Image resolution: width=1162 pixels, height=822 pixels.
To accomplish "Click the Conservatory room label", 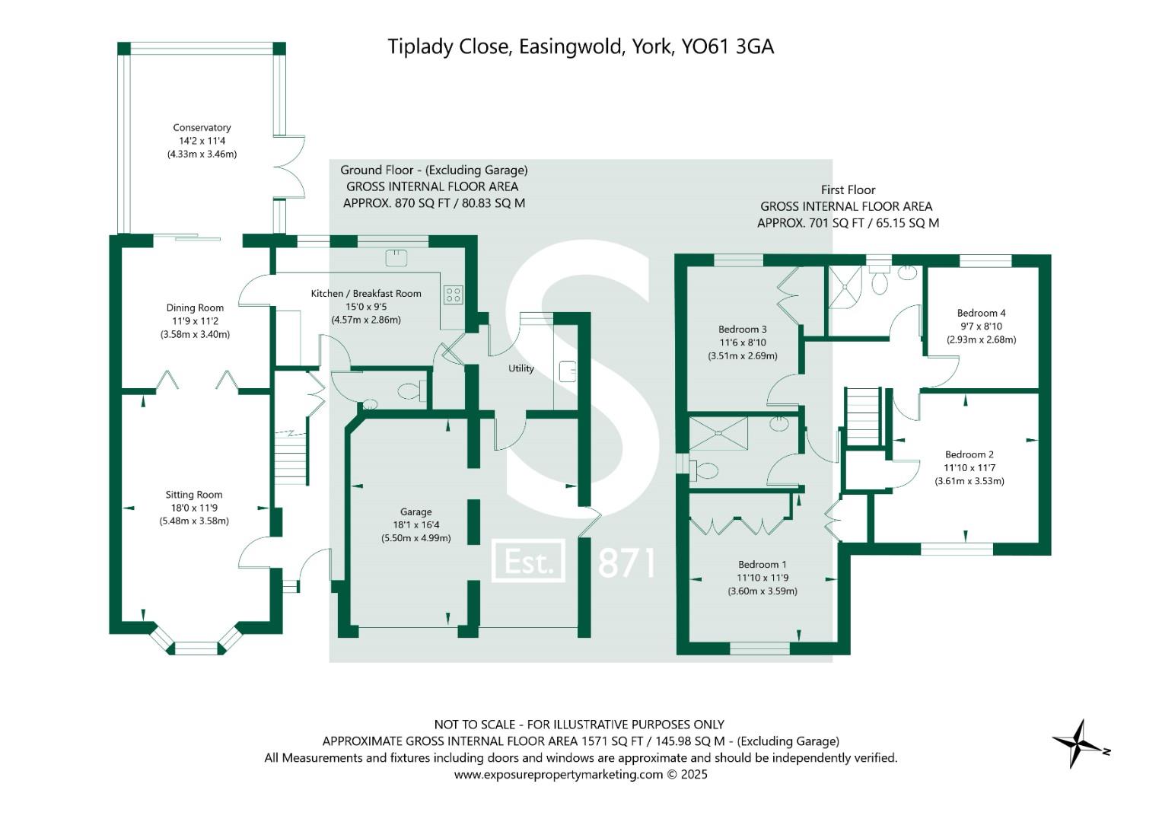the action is click(202, 127).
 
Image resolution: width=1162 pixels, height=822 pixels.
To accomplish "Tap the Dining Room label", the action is click(195, 307).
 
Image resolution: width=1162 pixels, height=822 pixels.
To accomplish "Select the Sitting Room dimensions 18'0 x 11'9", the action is click(194, 508).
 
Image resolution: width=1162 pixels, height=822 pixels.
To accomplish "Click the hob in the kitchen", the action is click(453, 295).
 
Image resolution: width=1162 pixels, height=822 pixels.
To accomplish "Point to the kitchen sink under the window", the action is click(396, 258).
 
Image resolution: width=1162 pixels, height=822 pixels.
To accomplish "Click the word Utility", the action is click(521, 368).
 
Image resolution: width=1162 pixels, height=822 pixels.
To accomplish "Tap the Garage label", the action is click(415, 511).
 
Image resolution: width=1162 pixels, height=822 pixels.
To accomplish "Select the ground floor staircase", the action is click(291, 457).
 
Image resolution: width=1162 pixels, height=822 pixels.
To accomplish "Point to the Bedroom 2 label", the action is click(969, 454).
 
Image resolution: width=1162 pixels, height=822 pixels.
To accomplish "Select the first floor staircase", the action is click(864, 417).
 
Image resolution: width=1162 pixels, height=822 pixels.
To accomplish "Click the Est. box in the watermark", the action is click(528, 561).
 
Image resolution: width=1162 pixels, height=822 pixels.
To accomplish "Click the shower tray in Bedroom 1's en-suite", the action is click(718, 432).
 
